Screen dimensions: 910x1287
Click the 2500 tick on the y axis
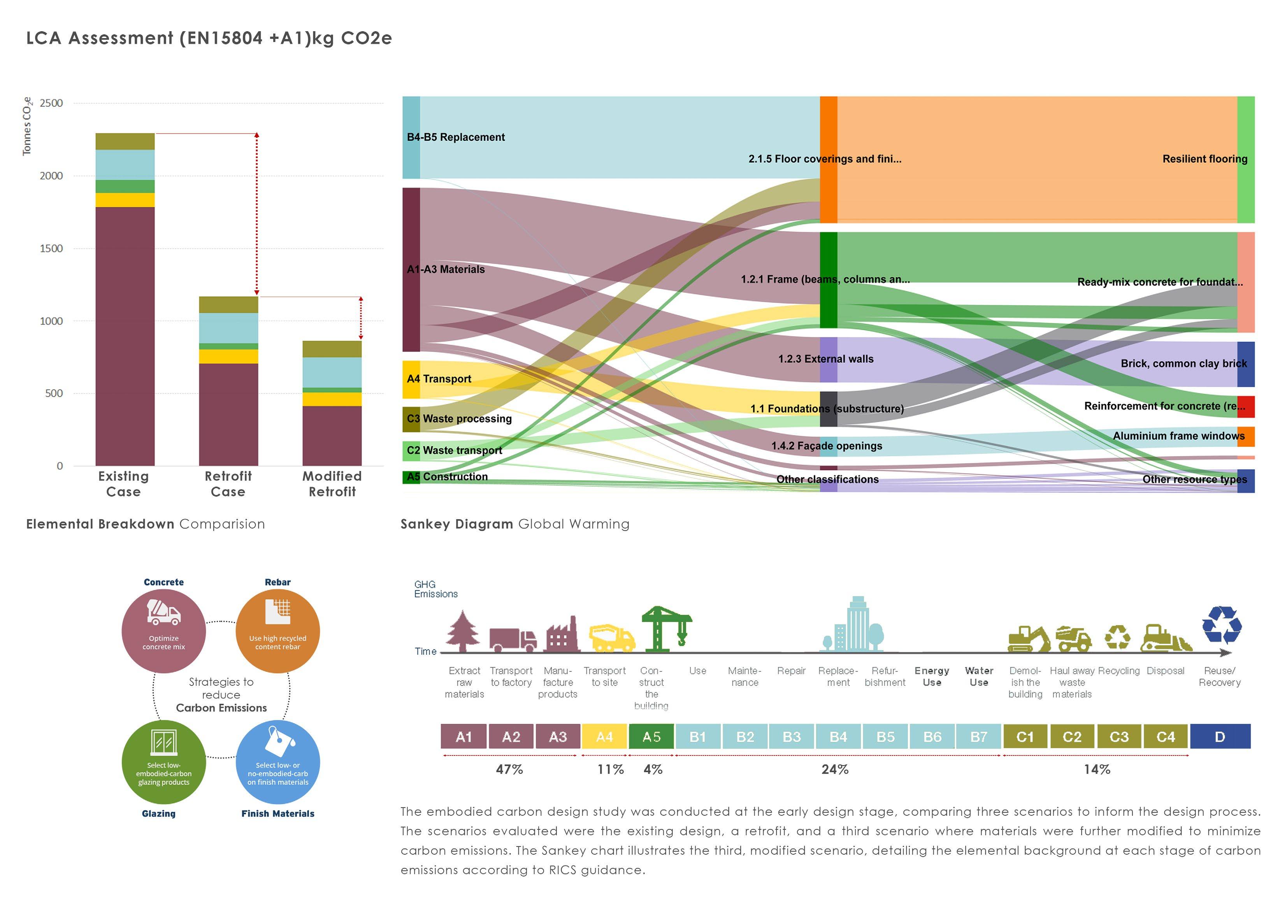(x=51, y=103)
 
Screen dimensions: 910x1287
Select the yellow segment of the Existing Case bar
(x=125, y=200)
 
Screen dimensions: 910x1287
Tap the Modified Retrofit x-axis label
(x=332, y=484)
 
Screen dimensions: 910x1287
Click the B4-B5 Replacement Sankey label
(x=456, y=137)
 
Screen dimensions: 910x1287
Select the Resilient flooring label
(x=1204, y=159)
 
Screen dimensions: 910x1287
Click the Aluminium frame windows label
(x=1178, y=436)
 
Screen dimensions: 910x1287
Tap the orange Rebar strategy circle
(x=277, y=631)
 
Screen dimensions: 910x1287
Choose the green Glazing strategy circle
(x=164, y=762)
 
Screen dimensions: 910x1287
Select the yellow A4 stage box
(x=604, y=737)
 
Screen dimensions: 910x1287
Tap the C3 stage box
(x=1119, y=737)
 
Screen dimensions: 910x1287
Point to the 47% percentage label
(x=509, y=770)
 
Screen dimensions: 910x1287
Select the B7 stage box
(x=979, y=737)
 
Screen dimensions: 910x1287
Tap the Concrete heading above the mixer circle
(x=164, y=583)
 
